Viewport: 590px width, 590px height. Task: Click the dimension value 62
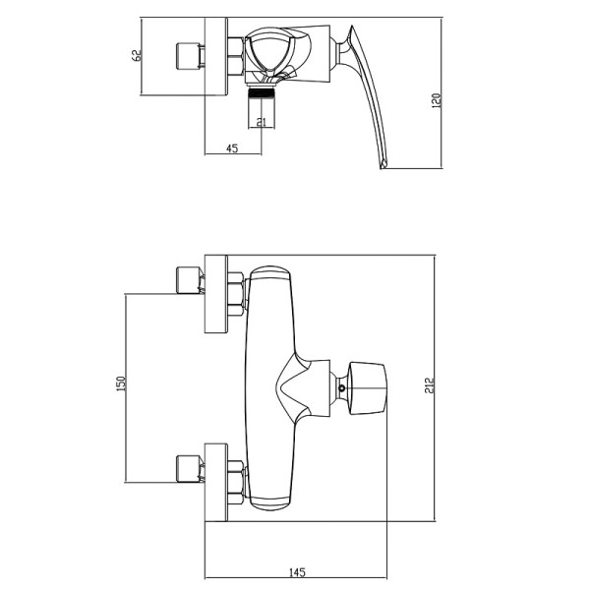click(137, 55)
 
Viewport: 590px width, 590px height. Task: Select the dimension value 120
click(436, 101)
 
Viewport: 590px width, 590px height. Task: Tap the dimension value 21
click(261, 122)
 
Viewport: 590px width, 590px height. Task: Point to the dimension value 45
click(232, 148)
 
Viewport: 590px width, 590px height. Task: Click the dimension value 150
click(121, 383)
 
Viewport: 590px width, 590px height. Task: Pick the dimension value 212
click(430, 385)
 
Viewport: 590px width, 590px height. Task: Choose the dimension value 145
click(297, 572)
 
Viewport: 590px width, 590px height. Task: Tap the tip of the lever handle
click(383, 165)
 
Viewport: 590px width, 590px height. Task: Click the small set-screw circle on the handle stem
click(341, 388)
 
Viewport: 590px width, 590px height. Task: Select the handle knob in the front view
click(368, 388)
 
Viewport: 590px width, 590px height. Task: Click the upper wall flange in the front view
click(216, 294)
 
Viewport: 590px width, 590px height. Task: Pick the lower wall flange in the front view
click(216, 483)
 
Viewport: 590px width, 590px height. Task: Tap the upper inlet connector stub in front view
click(188, 280)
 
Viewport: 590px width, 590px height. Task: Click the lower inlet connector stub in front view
click(188, 468)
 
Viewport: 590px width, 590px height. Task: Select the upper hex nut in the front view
click(236, 294)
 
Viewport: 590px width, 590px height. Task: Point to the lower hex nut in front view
click(236, 483)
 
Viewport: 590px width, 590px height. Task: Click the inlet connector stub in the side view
click(188, 56)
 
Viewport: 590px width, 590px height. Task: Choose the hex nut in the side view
click(236, 56)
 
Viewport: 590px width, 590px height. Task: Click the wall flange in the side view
click(216, 56)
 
